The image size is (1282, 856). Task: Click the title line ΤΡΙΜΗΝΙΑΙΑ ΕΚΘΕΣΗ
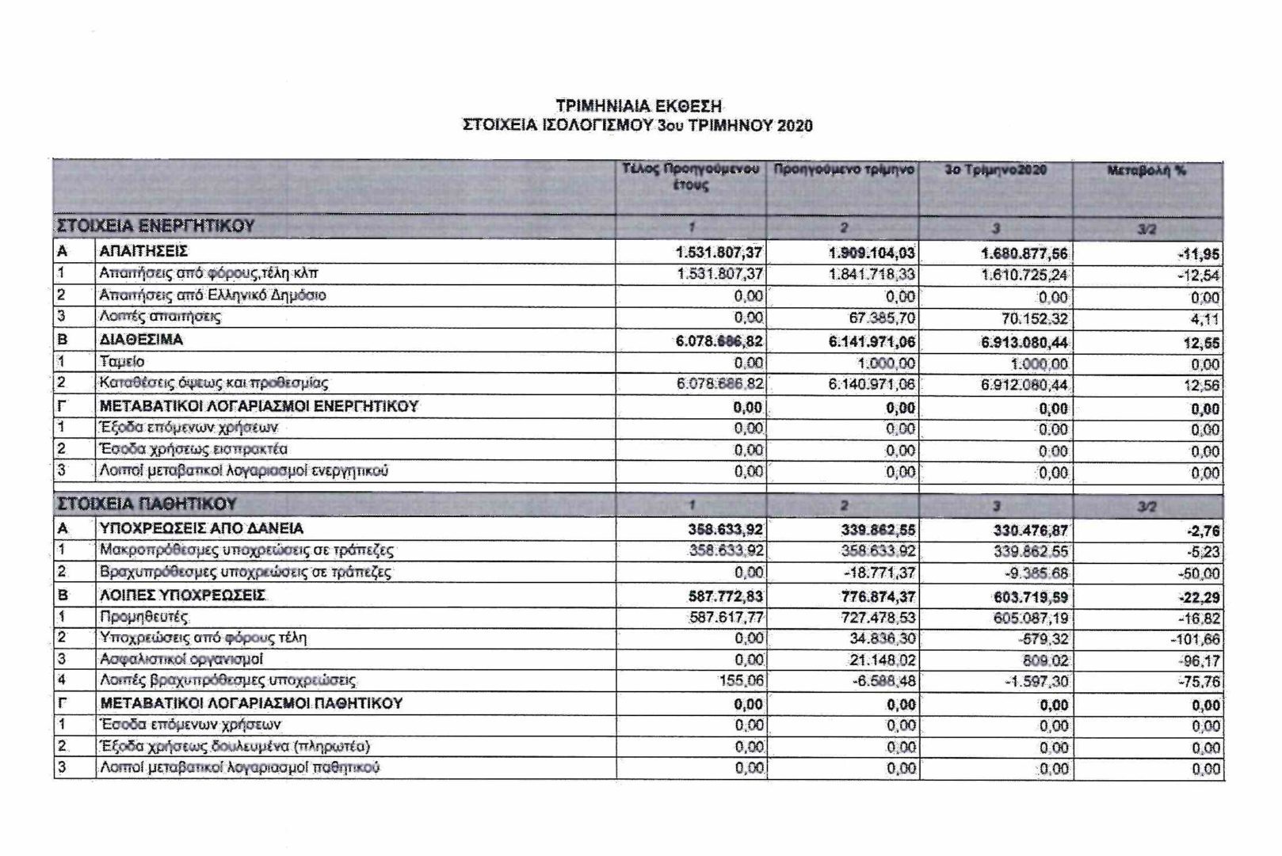pos(639,105)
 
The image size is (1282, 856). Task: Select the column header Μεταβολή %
pos(1147,170)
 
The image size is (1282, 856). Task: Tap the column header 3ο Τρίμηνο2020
pos(996,170)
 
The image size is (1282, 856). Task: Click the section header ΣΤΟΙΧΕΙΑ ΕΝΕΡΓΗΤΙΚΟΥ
pos(155,226)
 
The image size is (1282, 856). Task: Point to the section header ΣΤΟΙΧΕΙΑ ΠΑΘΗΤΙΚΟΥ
pos(147,504)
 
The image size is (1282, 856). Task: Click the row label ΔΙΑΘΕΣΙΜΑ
pos(141,340)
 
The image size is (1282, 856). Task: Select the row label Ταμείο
pos(122,362)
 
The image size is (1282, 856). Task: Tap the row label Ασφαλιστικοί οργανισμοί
pos(181,659)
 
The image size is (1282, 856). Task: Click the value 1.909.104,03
pos(872,253)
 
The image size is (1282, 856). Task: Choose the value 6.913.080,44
pos(1024,343)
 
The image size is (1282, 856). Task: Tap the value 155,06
pos(742,680)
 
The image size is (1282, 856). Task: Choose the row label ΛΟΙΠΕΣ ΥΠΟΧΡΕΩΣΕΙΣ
pos(182,595)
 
